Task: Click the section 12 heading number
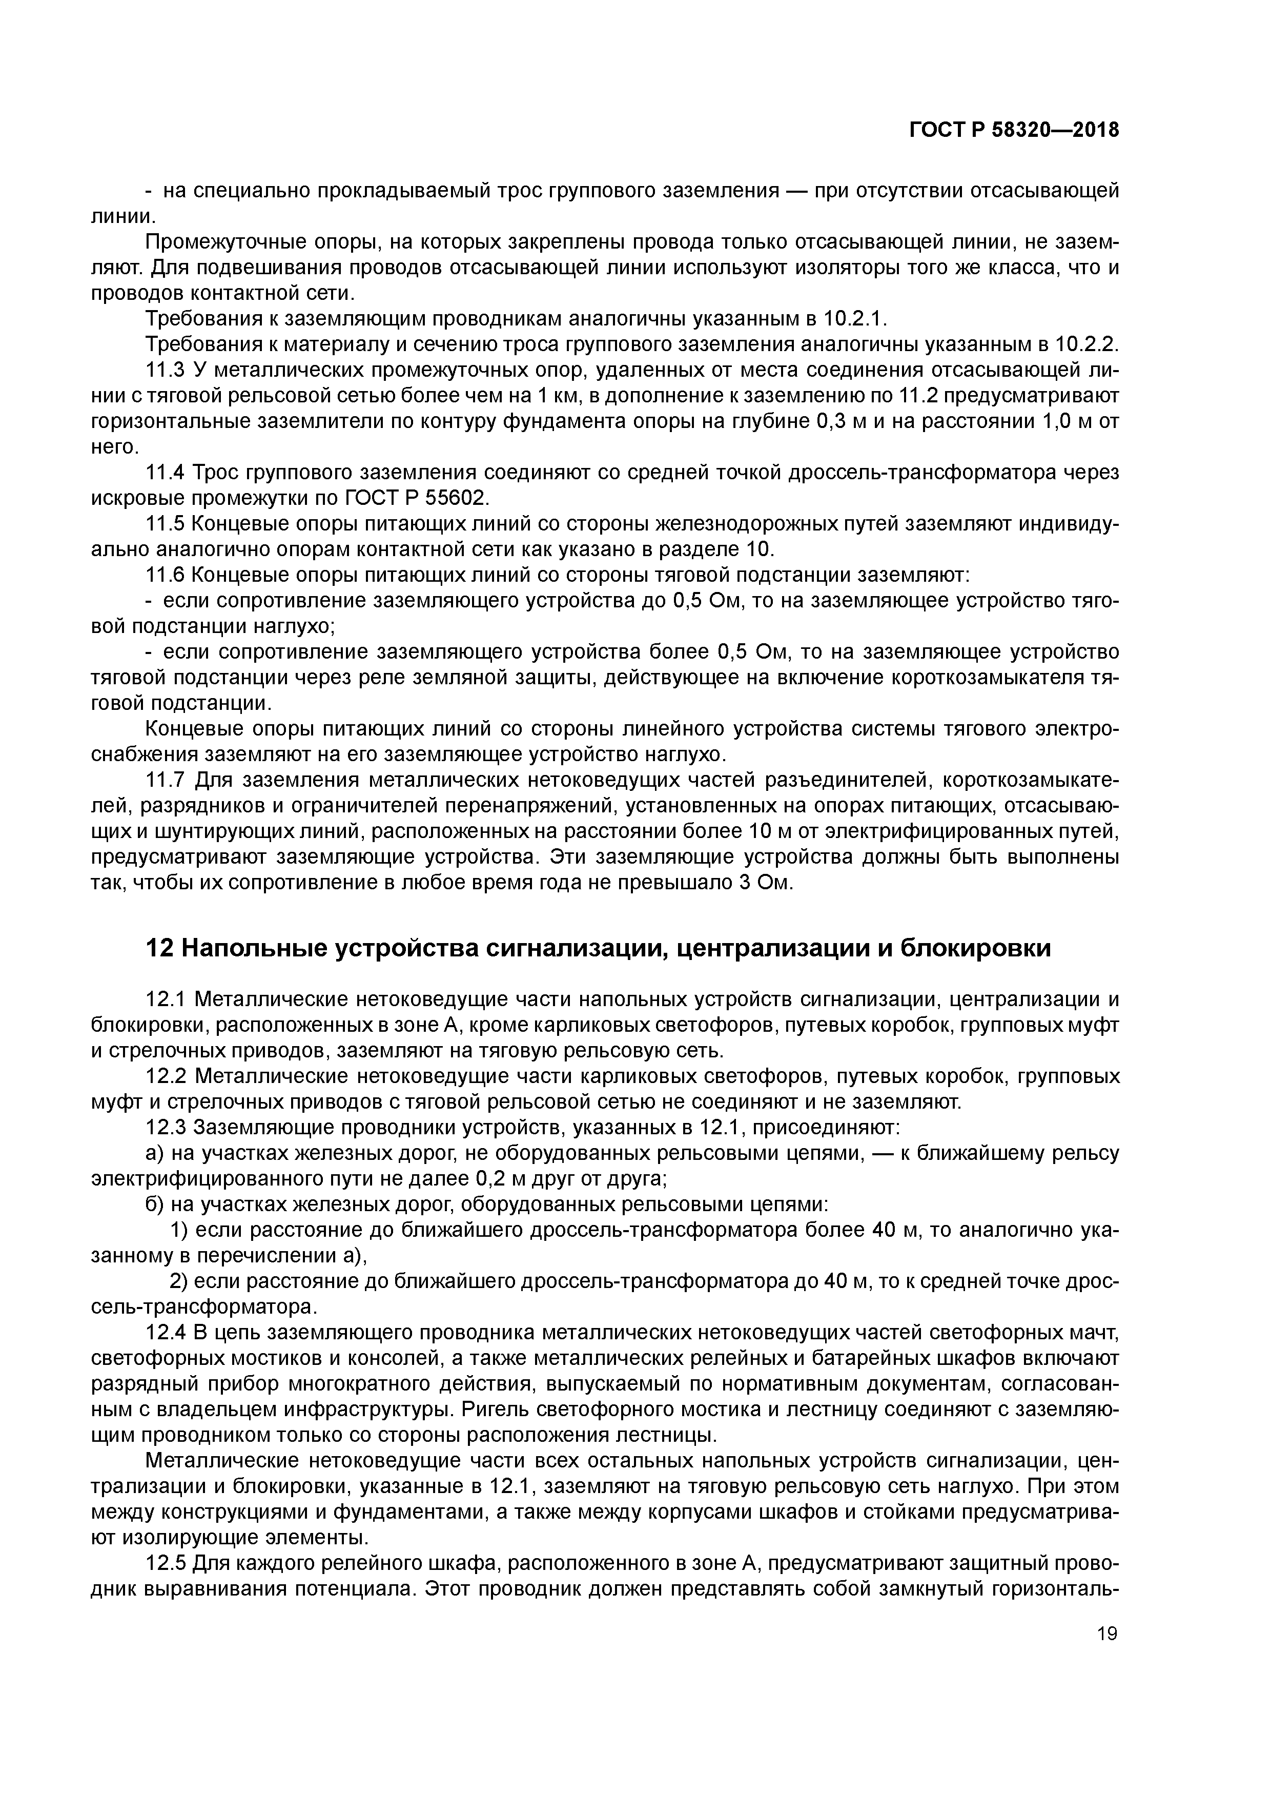tap(160, 948)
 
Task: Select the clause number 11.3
tap(165, 370)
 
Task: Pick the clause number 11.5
tap(165, 524)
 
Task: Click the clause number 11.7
tap(165, 781)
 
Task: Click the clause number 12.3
tap(166, 1128)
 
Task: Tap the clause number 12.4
tap(166, 1333)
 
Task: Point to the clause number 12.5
tap(166, 1564)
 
